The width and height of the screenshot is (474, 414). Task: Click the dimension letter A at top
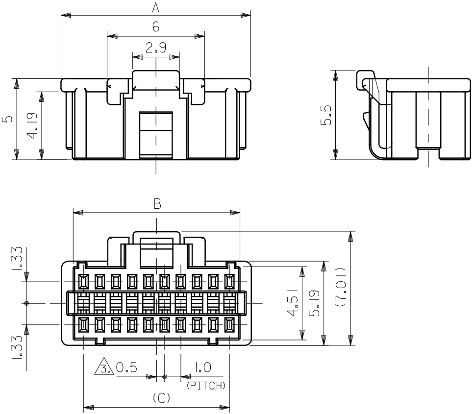(156, 7)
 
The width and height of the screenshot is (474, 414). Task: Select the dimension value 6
(156, 27)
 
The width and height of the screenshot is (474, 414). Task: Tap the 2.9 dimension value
(156, 48)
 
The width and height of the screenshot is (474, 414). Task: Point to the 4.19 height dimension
(32, 125)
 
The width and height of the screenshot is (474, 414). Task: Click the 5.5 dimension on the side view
(326, 115)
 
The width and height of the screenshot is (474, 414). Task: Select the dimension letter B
(157, 204)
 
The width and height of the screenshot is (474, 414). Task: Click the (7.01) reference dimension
(341, 288)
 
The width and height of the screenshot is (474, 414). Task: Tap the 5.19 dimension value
(314, 303)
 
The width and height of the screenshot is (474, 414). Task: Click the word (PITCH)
(206, 386)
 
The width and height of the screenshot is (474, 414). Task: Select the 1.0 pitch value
(202, 367)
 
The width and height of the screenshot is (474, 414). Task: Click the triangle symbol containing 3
(104, 366)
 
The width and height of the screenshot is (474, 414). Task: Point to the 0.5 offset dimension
(126, 367)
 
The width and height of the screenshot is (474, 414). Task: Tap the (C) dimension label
(162, 398)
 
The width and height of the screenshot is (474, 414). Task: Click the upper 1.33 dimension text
(17, 258)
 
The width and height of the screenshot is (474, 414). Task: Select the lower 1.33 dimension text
(17, 347)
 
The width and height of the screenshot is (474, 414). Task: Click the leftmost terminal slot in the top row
(83, 281)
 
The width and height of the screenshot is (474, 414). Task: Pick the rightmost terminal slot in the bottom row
(230, 325)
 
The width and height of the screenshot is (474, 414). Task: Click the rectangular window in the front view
(156, 135)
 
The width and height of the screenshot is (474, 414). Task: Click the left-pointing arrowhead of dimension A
(66, 15)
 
